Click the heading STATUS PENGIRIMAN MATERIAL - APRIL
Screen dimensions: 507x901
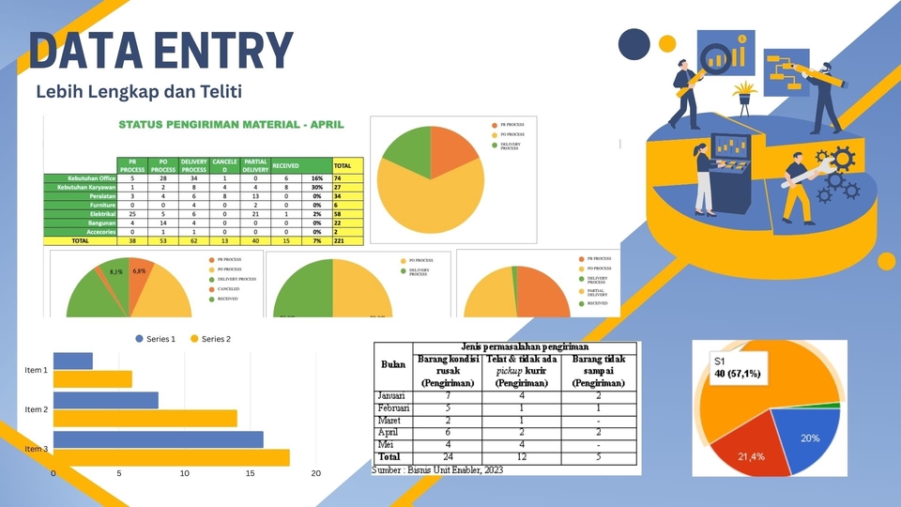pos(231,124)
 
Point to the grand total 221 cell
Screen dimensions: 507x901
pos(341,239)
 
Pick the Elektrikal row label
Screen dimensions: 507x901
pos(97,214)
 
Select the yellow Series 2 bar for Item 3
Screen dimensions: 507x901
pos(172,458)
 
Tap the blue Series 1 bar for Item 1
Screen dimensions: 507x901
pos(73,361)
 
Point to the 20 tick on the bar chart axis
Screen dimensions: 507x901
pos(316,474)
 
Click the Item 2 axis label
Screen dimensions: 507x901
pos(36,409)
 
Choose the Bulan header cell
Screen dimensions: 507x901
pos(393,364)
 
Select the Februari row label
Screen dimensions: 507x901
pos(395,408)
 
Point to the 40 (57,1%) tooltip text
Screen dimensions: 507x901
pos(739,375)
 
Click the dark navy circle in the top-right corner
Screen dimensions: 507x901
pos(634,43)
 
